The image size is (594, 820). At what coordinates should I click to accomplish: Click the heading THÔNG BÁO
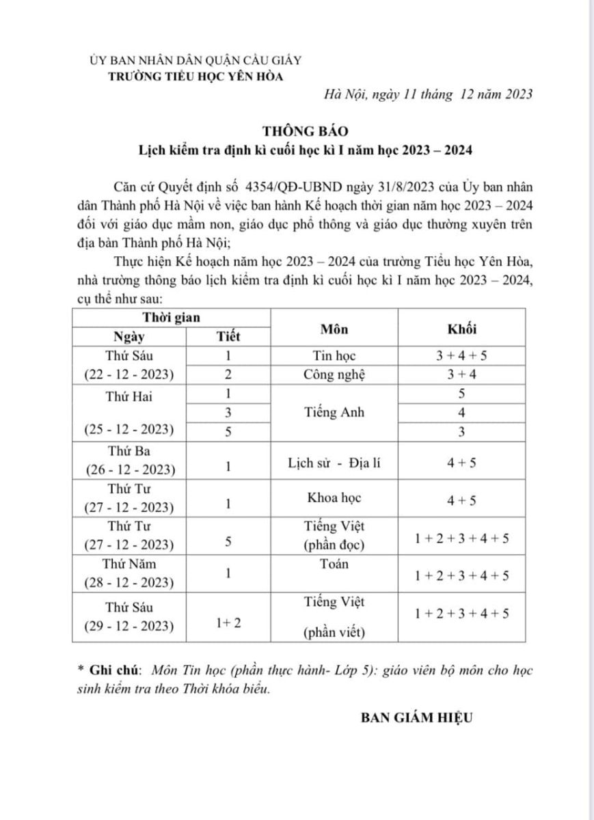[297, 128]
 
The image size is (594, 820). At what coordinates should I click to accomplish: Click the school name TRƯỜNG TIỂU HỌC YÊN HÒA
[196, 76]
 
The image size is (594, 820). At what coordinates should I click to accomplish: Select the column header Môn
[334, 329]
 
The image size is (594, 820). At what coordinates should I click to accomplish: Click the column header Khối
[461, 329]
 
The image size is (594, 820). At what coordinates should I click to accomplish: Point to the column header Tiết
[228, 336]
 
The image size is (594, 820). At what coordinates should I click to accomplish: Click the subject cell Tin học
[334, 355]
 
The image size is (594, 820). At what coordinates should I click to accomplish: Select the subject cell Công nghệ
[334, 374]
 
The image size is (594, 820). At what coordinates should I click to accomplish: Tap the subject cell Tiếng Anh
[334, 412]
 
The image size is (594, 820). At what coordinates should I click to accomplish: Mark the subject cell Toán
[334, 564]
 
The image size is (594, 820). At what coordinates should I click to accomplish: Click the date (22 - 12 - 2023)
[130, 374]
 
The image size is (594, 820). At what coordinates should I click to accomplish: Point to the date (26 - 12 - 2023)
[130, 470]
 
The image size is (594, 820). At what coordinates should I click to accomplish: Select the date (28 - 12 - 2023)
[130, 582]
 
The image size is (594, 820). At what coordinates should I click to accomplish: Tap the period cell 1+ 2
[228, 623]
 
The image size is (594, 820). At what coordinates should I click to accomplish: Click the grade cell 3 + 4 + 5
[461, 355]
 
